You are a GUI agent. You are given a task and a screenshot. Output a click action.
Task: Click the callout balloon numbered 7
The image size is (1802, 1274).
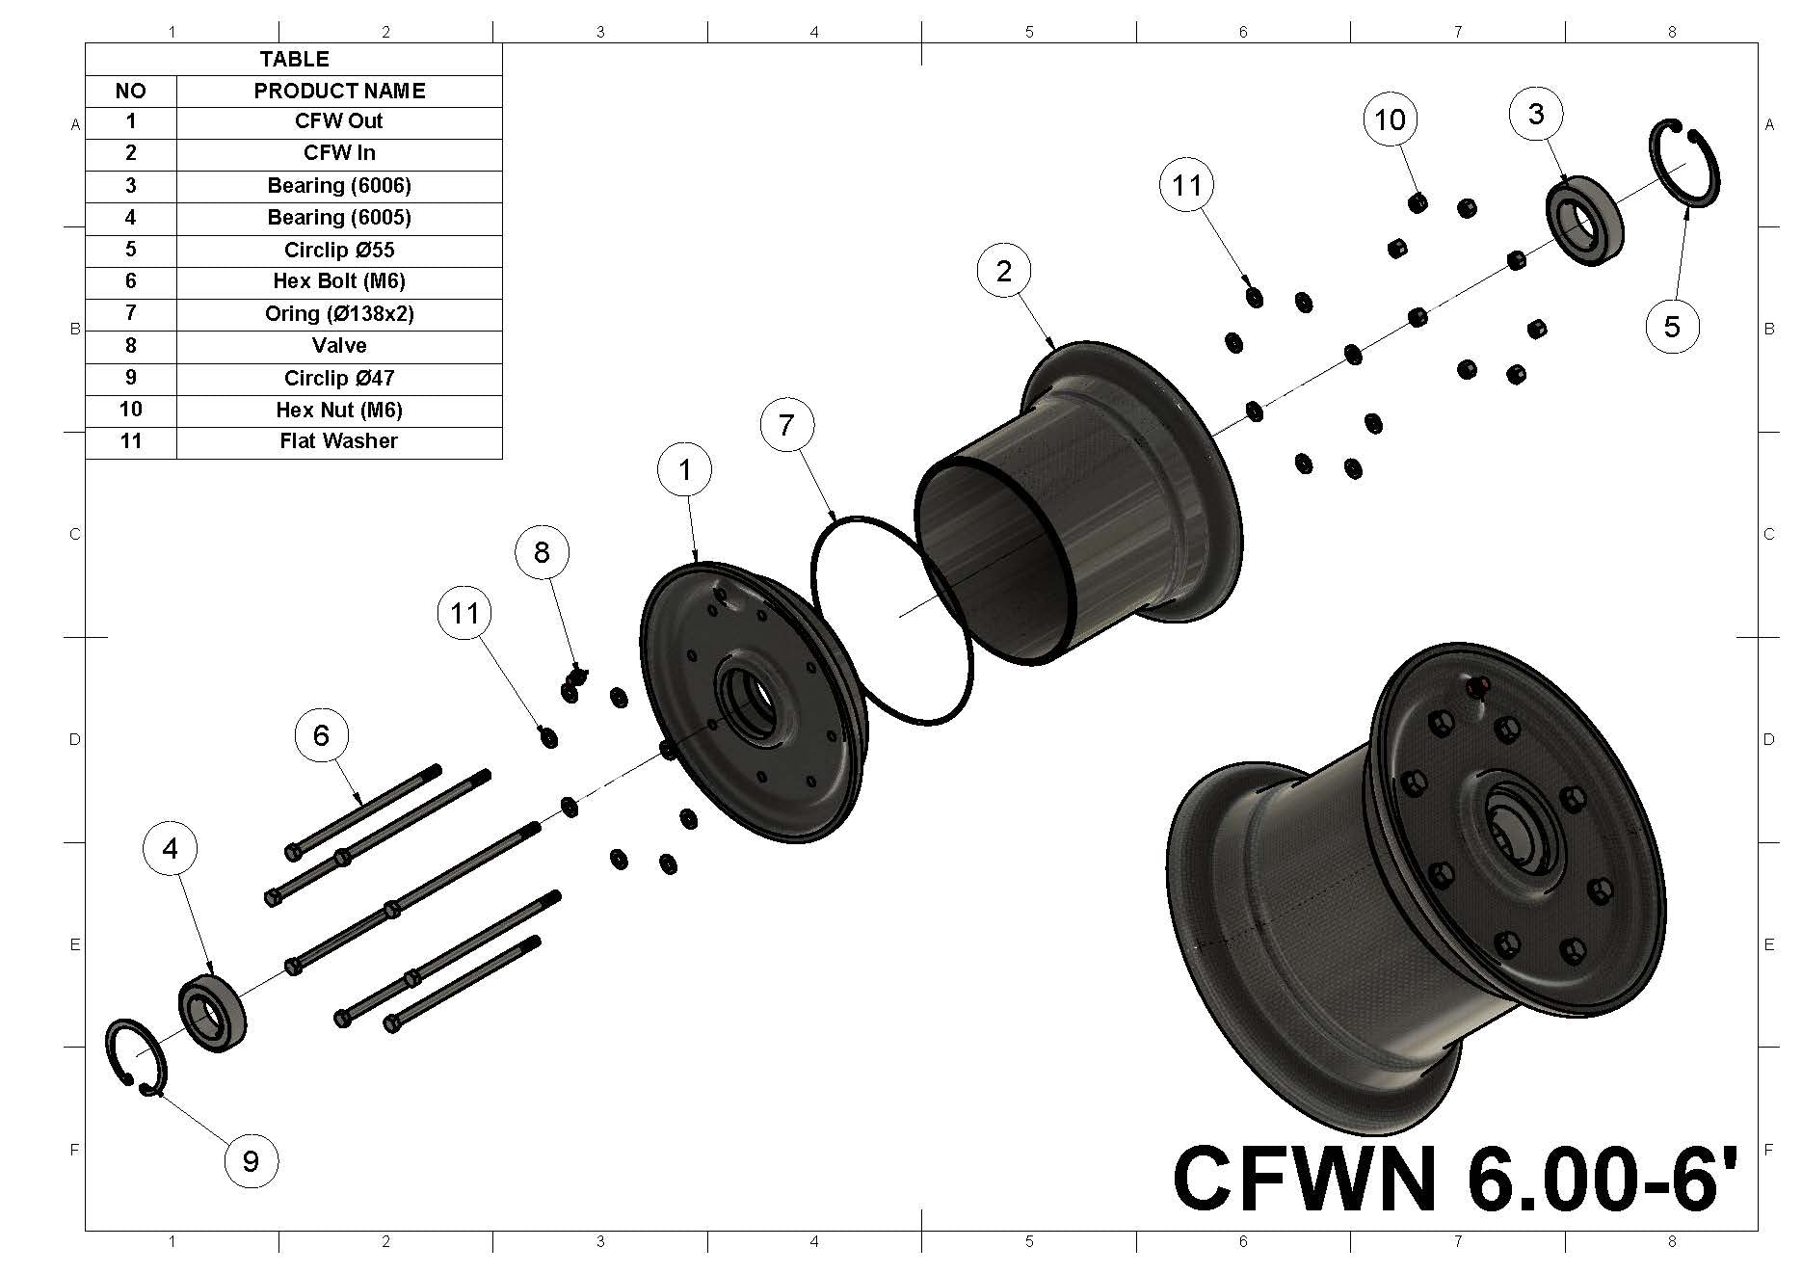[786, 425]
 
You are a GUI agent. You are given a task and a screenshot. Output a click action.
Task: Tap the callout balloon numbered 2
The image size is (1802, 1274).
[1004, 272]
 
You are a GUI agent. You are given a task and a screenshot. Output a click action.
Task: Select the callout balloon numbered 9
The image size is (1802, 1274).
[251, 1160]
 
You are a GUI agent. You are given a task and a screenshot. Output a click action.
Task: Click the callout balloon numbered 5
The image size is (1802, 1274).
[1672, 327]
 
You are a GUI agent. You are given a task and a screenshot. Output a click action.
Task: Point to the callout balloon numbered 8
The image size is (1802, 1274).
[542, 552]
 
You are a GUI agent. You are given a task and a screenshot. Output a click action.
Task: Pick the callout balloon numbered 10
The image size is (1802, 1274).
[1390, 120]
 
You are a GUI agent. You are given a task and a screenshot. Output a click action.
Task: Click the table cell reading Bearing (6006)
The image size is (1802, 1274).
[339, 185]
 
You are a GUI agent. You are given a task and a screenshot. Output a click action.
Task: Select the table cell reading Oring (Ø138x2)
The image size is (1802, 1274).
[339, 314]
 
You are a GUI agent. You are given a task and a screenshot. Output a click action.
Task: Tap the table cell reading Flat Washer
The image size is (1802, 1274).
[339, 441]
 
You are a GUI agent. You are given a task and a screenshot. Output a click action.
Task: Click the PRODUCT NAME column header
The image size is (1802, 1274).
[339, 91]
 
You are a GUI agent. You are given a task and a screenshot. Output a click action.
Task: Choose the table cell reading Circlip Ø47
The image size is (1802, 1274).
[339, 378]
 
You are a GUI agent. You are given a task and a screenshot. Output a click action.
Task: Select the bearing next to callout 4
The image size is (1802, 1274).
[212, 1013]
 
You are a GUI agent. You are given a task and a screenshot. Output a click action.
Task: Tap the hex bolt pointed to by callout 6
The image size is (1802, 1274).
[364, 809]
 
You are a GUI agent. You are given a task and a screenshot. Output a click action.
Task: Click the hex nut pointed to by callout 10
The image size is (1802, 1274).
[1418, 203]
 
